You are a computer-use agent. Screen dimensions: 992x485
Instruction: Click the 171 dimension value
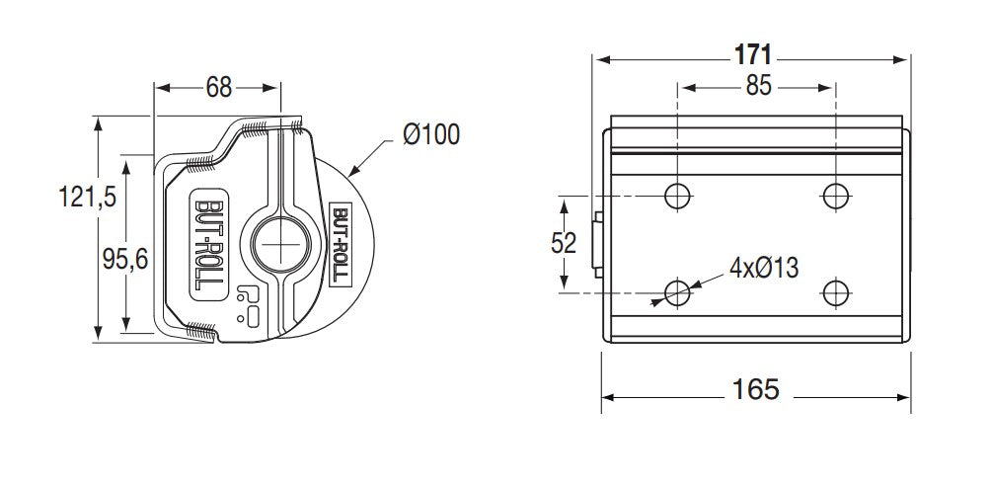[x=753, y=55]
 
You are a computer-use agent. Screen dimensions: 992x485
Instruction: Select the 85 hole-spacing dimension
[x=758, y=86]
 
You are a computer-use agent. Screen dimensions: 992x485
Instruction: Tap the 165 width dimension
[x=755, y=389]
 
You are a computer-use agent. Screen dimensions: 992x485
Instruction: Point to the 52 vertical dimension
[x=563, y=243]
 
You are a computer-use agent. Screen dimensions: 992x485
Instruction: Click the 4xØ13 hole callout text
[x=764, y=269]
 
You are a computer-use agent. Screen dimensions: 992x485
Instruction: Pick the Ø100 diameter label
[x=431, y=134]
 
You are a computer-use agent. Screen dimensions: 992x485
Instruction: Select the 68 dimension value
[x=219, y=87]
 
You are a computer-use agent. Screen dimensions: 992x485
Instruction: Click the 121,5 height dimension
[x=87, y=197]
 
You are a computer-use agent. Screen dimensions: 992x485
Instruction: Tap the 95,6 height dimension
[x=125, y=259]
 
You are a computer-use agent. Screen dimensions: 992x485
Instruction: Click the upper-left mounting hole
[x=677, y=196]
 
